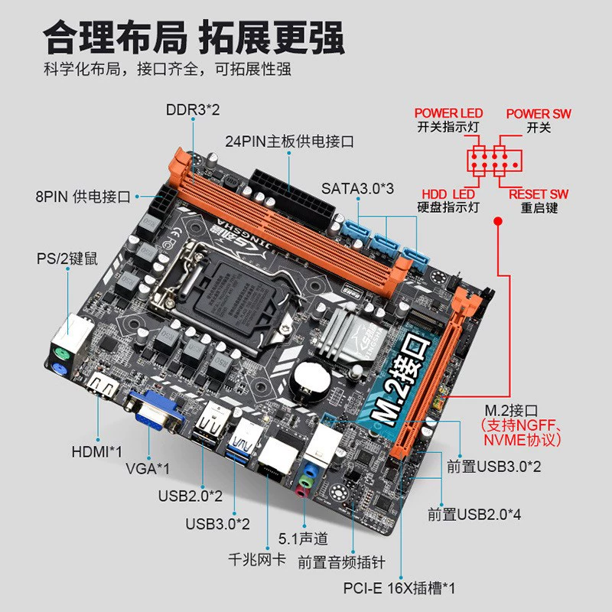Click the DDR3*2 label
[x=193, y=109]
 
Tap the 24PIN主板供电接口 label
[x=289, y=142]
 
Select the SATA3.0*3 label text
[x=357, y=188]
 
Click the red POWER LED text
[x=448, y=113]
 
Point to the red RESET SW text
[x=539, y=194]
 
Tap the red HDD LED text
[x=448, y=194]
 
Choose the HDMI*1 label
[x=97, y=451]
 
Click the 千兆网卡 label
[x=257, y=560]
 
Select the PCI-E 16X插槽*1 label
[x=399, y=588]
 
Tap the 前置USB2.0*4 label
[x=474, y=514]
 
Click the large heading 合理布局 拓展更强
[x=194, y=37]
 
